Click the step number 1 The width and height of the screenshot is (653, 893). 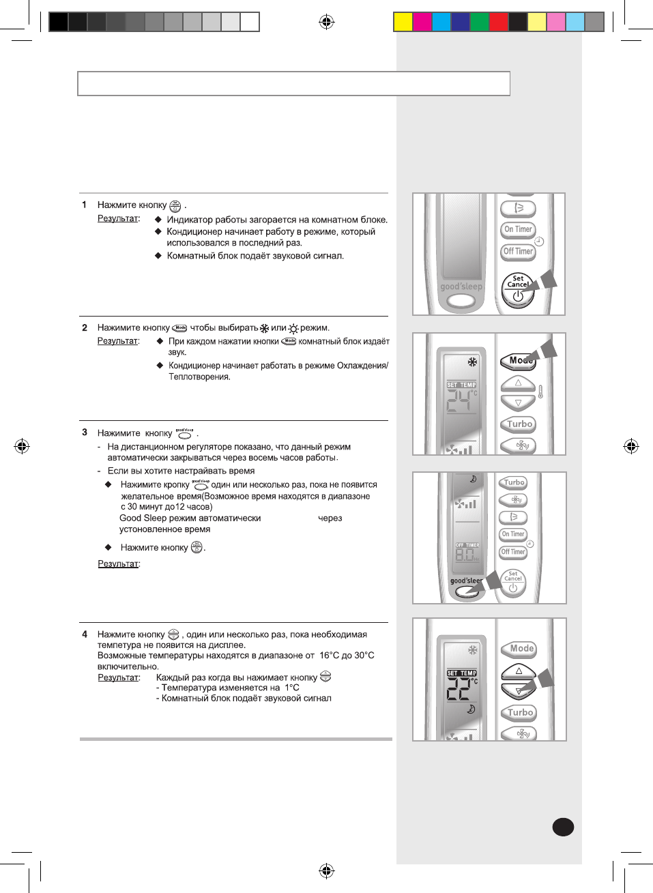click(x=84, y=205)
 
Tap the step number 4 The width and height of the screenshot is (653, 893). click(x=85, y=634)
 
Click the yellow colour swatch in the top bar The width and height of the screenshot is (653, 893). click(x=403, y=23)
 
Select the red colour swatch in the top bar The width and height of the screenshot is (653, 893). click(x=499, y=23)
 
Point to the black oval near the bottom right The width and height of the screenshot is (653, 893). click(x=563, y=827)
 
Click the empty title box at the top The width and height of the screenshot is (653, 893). click(x=293, y=84)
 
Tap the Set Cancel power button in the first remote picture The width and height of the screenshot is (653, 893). click(x=518, y=290)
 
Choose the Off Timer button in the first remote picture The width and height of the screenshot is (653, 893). click(x=518, y=252)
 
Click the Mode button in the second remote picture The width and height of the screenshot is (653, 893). click(x=519, y=361)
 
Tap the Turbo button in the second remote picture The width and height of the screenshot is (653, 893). click(x=519, y=424)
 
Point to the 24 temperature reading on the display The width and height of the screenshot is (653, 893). click(x=459, y=402)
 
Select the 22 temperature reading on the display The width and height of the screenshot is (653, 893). click(x=459, y=690)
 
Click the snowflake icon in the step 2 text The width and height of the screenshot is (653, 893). click(x=264, y=328)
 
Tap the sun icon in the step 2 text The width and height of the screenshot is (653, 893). click(x=293, y=328)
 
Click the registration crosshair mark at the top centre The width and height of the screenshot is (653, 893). click(x=327, y=23)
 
